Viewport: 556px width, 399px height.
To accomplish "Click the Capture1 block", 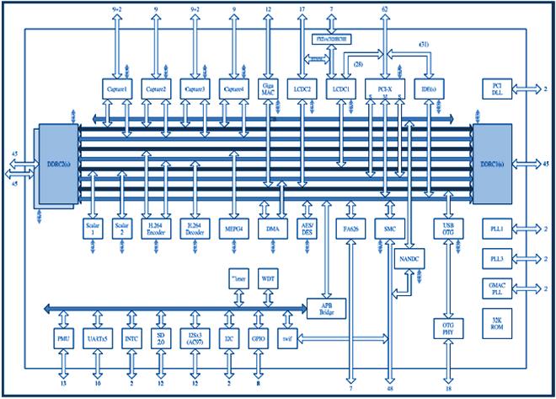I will [x=119, y=88].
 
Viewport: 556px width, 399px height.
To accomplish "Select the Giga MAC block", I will [x=268, y=88].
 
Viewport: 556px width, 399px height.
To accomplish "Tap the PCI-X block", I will [x=384, y=88].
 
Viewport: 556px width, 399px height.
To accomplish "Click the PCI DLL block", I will [x=495, y=89].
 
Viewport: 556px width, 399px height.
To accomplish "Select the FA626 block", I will [x=351, y=229].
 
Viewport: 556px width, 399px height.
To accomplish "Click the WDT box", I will [x=268, y=277].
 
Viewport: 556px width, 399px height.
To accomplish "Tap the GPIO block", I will [x=259, y=340].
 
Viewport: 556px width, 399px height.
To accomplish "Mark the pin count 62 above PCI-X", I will [x=384, y=9].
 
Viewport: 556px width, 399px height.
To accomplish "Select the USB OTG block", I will [x=448, y=229].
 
